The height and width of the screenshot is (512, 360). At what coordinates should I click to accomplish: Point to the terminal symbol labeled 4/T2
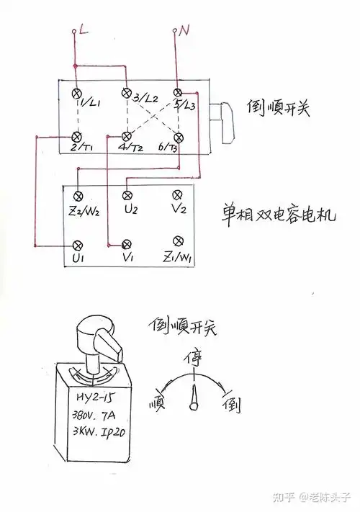[x=126, y=136]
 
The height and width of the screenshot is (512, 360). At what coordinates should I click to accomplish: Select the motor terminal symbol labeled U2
[x=127, y=195]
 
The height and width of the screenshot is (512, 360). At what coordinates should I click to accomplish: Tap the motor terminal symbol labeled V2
[x=176, y=195]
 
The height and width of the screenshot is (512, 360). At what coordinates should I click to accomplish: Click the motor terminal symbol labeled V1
[x=127, y=243]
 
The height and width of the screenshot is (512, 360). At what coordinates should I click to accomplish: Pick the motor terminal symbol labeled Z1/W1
[x=176, y=241]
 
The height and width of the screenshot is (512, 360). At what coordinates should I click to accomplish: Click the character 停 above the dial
[x=194, y=358]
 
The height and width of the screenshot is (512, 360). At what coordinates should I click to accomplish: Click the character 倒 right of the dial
[x=234, y=403]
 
